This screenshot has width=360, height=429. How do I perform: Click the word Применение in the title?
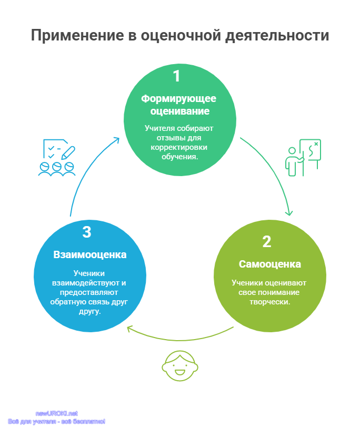[77, 36]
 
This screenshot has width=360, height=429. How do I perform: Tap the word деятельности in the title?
[277, 36]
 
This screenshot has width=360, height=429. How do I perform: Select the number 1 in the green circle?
[177, 76]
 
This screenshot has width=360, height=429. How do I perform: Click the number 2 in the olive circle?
[266, 242]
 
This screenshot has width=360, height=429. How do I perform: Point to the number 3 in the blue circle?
[86, 232]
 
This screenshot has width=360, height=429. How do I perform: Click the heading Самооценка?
[270, 264]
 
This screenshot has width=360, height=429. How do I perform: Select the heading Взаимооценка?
[90, 254]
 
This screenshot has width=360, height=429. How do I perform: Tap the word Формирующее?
[178, 99]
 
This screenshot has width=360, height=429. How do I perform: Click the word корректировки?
[179, 147]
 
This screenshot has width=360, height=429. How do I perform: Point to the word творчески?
[269, 302]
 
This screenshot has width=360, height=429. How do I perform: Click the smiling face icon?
[180, 366]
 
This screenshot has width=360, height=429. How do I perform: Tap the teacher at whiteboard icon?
[303, 157]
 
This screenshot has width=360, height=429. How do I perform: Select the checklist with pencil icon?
[57, 158]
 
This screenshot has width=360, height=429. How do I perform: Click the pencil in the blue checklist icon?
[68, 152]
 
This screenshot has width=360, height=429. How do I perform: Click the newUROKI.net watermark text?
[57, 413]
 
